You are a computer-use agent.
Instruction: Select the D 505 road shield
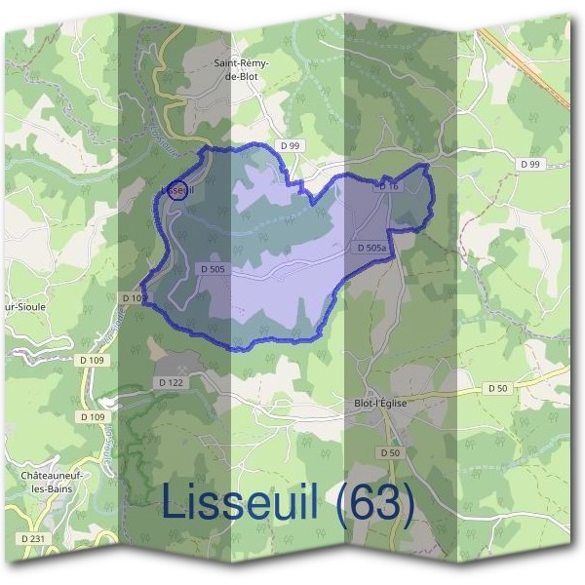pos(213,268)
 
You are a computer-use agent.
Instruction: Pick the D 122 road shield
pos(171,383)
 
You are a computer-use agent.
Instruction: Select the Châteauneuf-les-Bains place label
pos(49,482)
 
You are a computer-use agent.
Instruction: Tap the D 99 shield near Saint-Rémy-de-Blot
pos(289,145)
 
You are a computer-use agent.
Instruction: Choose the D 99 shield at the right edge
pos(530,165)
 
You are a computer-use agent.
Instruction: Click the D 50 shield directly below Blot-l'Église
pos(390,453)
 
